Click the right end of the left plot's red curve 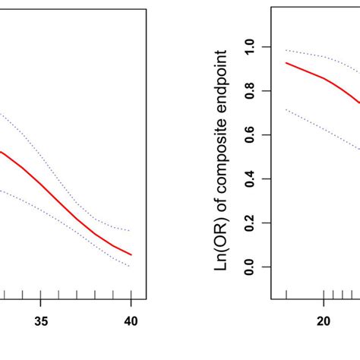click(x=131, y=254)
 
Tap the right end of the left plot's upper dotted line click(x=131, y=230)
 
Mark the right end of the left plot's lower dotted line click(x=131, y=267)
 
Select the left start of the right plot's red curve click(x=286, y=62)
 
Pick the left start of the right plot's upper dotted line click(x=286, y=50)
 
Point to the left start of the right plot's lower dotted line click(x=286, y=109)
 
